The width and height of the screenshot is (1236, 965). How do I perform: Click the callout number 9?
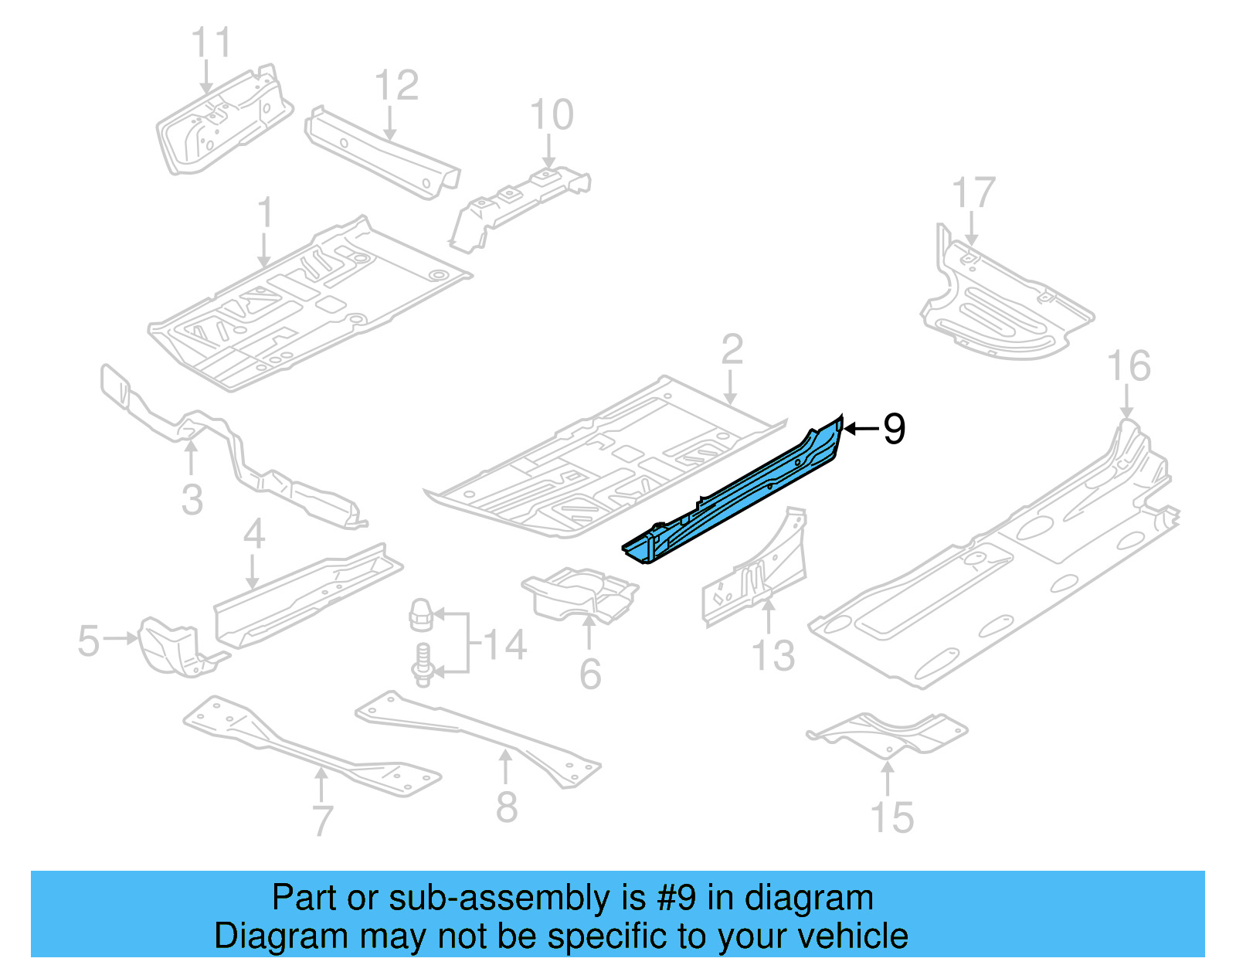pos(894,429)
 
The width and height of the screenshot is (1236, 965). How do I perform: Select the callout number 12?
pos(396,85)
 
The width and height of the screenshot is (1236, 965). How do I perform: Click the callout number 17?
pos(973,192)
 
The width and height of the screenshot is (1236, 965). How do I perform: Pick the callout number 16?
pos(1129,365)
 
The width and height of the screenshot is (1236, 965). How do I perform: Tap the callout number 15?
pos(892,817)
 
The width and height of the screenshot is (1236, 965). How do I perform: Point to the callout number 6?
pos(590,674)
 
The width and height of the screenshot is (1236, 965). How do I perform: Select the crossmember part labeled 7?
pos(309,746)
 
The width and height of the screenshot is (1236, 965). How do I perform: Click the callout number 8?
pos(506,807)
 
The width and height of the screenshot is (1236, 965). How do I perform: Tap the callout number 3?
pos(192,499)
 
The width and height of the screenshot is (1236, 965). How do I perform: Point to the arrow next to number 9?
pos(860,428)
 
